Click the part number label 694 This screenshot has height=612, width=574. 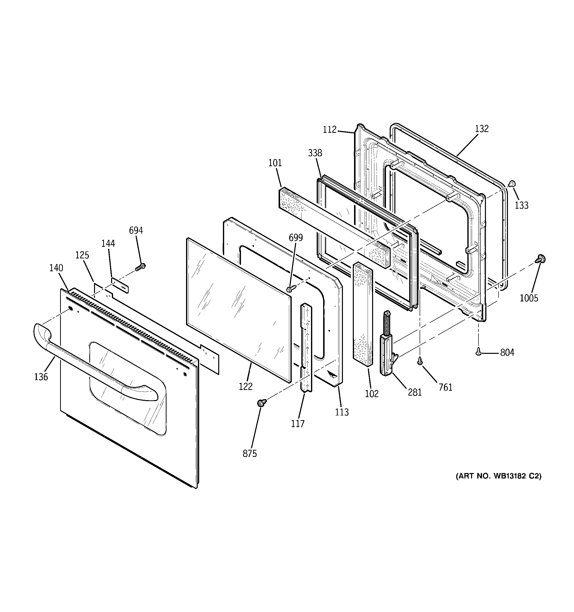[136, 230]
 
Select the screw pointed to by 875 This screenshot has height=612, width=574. [262, 402]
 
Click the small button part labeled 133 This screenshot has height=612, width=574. [512, 184]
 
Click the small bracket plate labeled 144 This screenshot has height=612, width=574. [120, 285]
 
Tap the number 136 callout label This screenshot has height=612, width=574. [41, 377]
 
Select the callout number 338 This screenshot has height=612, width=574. [315, 153]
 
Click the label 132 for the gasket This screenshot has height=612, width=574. [481, 129]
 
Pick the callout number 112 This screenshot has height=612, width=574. [330, 130]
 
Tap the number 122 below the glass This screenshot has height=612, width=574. [246, 386]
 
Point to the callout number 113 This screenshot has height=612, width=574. [342, 412]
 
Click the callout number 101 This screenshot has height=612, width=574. [275, 163]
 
